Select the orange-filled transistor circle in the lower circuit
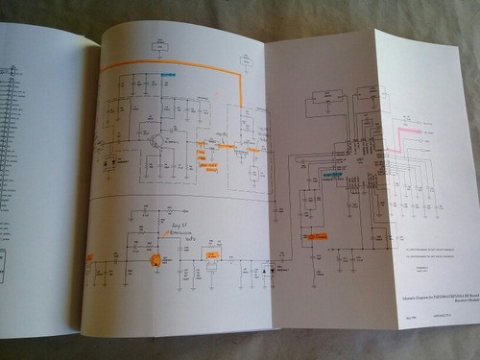click(154, 259)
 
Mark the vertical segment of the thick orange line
click(241, 91)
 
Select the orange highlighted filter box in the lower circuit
click(209, 253)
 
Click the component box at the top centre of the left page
click(159, 45)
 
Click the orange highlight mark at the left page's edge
click(89, 257)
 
